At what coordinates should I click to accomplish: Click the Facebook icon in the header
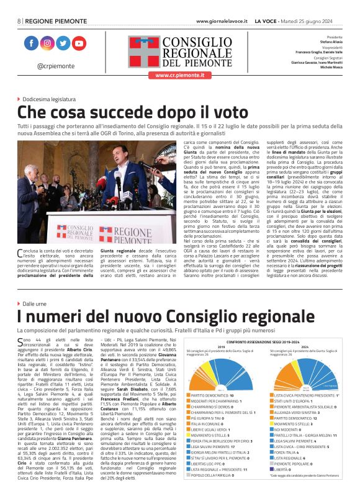point(31,43)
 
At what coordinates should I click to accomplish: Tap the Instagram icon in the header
point(47,43)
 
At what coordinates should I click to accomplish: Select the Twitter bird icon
point(63,43)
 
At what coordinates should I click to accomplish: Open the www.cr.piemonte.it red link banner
point(179,75)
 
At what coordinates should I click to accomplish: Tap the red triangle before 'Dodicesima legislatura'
point(19,99)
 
